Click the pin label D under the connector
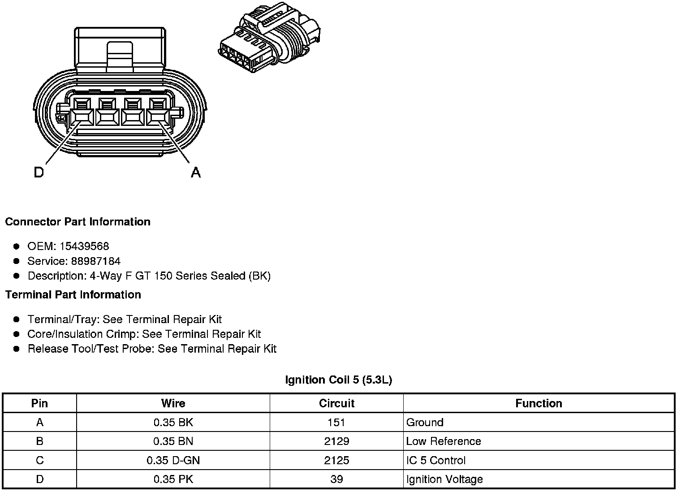pyautogui.click(x=39, y=172)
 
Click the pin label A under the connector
pyautogui.click(x=196, y=172)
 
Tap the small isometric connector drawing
pyautogui.click(x=270, y=39)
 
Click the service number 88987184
pyautogui.click(x=96, y=261)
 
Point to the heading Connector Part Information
pyautogui.click(x=78, y=222)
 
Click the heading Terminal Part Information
pyautogui.click(x=73, y=294)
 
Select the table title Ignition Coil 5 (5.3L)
pyautogui.click(x=338, y=380)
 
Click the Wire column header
pyautogui.click(x=173, y=403)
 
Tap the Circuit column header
pyautogui.click(x=336, y=403)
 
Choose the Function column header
pyautogui.click(x=539, y=403)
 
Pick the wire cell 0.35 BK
pyautogui.click(x=173, y=422)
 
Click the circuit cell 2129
pyautogui.click(x=336, y=441)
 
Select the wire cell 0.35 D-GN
pyautogui.click(x=173, y=460)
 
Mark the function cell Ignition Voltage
pyautogui.click(x=444, y=479)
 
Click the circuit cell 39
pyautogui.click(x=336, y=479)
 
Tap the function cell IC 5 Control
pyautogui.click(x=435, y=460)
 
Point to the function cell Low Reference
pyautogui.click(x=444, y=441)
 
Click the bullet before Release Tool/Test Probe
pyautogui.click(x=17, y=349)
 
